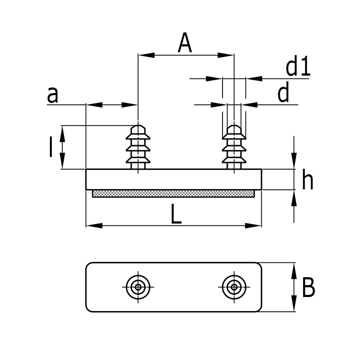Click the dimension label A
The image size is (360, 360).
(185, 43)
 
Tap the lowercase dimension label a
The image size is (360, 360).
(53, 95)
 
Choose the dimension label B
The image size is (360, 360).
(308, 288)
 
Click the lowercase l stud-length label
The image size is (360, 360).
(51, 147)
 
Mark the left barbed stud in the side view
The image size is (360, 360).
(138, 147)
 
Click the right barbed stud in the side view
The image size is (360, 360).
(234, 147)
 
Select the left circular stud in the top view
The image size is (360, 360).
(138, 287)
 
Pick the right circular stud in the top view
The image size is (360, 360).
(234, 287)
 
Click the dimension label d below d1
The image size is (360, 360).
(283, 95)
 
